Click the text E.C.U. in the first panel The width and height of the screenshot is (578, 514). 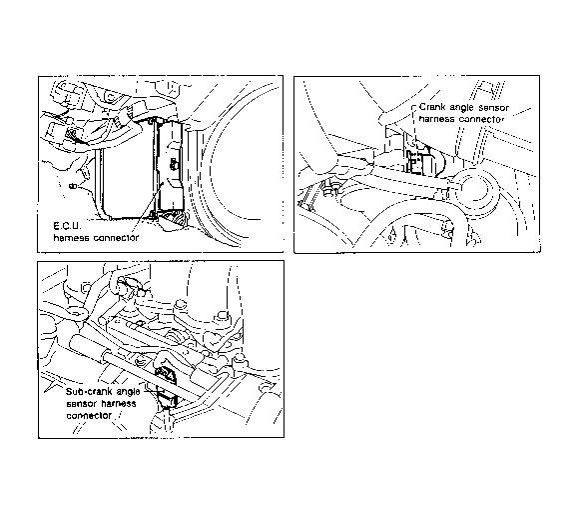[67, 226]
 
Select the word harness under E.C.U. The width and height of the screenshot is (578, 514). [71, 238]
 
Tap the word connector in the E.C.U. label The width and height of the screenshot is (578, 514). [116, 238]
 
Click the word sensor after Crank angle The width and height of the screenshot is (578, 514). [493, 108]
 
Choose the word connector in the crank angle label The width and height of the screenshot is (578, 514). [481, 119]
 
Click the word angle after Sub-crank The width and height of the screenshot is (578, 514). [128, 392]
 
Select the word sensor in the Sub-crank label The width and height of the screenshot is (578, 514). [81, 404]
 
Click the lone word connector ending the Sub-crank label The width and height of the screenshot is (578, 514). [89, 416]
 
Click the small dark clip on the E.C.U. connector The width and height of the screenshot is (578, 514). [173, 163]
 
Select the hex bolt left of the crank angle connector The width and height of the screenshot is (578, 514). [328, 188]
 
